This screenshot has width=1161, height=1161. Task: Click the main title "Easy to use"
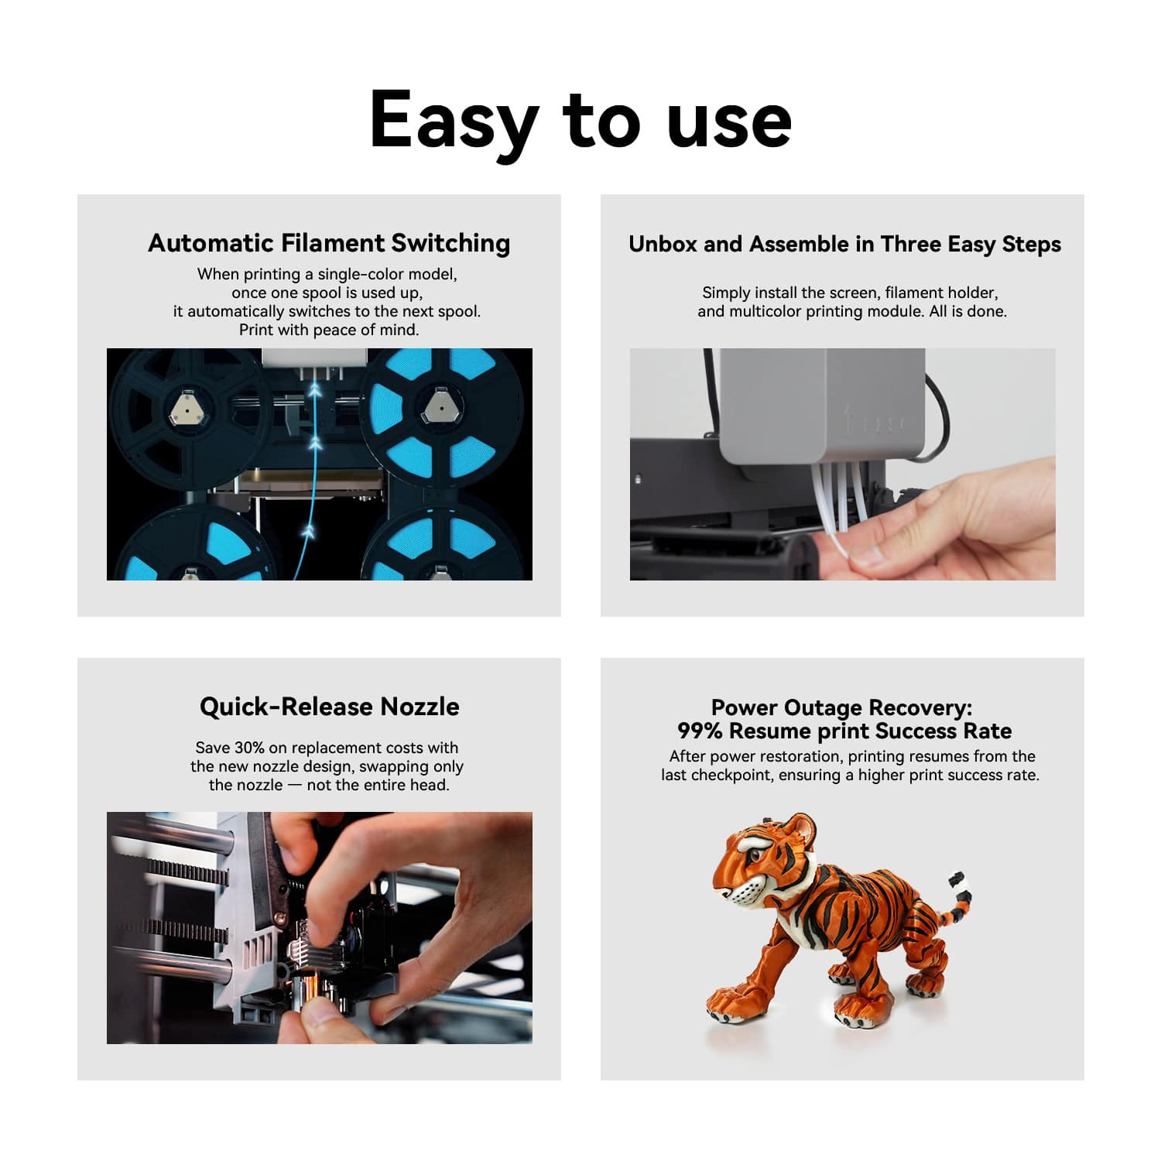(580, 120)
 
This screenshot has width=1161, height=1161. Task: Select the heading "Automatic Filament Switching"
(329, 243)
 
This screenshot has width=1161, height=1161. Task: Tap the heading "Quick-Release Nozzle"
(329, 707)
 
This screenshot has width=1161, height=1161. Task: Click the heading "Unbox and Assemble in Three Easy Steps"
(844, 245)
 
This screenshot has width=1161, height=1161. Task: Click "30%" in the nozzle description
(249, 748)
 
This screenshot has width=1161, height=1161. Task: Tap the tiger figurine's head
(766, 859)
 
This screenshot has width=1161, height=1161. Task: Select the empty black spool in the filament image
(190, 418)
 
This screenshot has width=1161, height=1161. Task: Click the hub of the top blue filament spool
(438, 406)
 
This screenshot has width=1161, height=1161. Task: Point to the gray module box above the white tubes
(822, 406)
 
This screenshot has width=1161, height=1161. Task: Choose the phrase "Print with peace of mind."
(329, 330)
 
